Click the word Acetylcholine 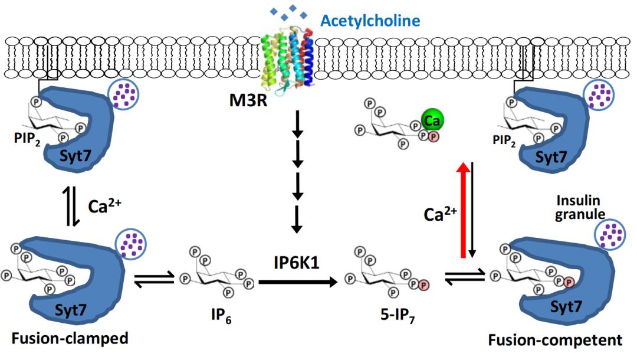click(370, 22)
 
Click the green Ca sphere click(432, 121)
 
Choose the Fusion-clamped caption click(70, 339)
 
